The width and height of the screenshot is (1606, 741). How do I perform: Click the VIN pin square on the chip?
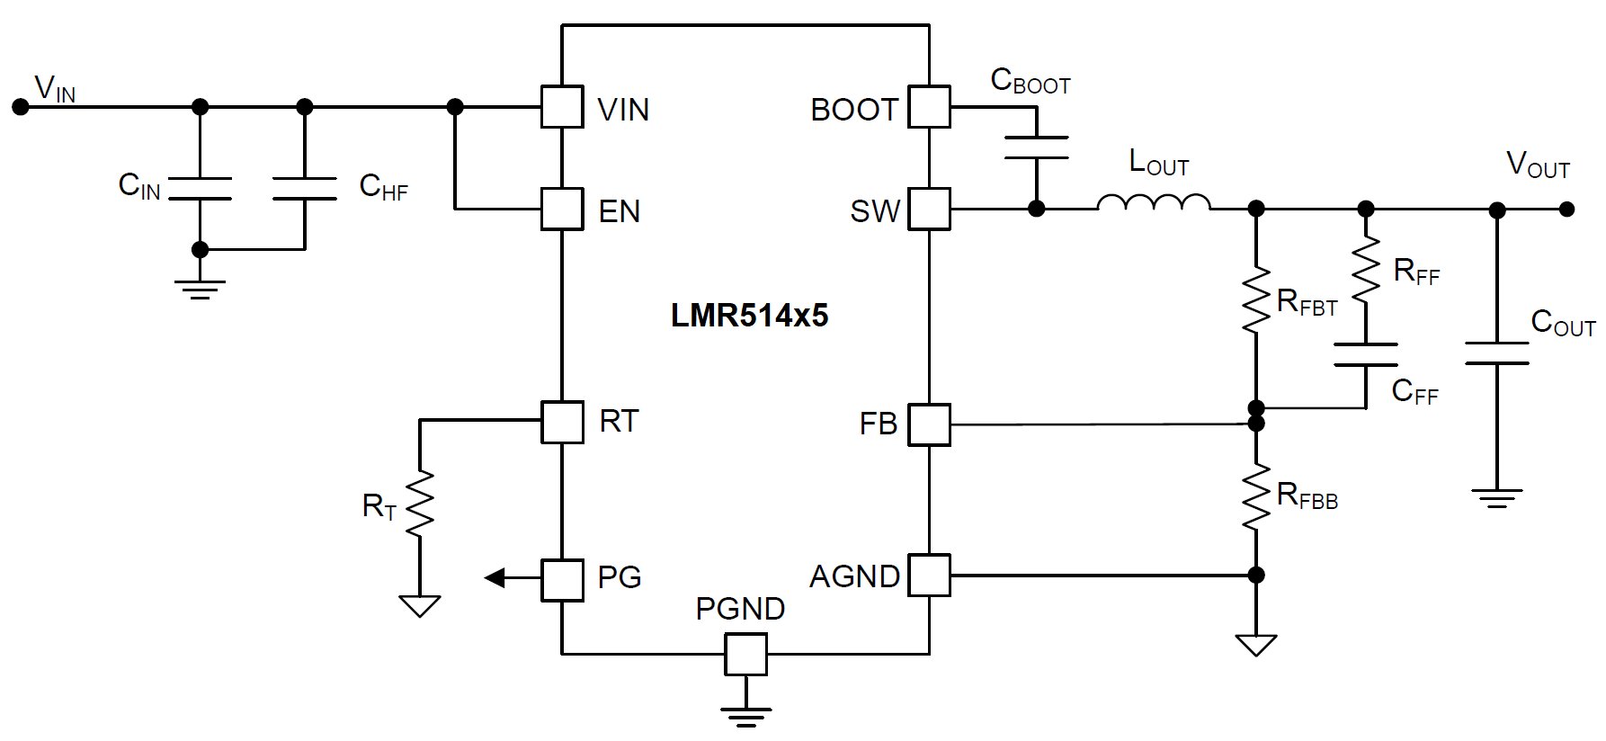pos(562,107)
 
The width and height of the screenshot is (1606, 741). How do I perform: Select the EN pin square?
pos(562,209)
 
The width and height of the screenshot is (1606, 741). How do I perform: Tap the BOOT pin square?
pos(929,107)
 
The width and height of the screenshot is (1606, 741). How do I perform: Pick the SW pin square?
pos(929,209)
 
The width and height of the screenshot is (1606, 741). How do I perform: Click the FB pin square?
pos(929,424)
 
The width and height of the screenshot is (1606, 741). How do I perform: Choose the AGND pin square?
pos(929,576)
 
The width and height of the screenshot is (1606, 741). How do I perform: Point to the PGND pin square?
pos(745,654)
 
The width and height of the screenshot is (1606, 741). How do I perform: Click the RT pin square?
pos(562,421)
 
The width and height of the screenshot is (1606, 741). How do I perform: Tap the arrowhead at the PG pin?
pos(495,577)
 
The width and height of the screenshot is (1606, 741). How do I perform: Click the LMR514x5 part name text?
pos(749,316)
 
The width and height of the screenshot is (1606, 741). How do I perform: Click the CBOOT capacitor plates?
pos(1036,147)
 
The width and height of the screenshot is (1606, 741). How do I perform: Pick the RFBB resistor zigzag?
pos(1256,497)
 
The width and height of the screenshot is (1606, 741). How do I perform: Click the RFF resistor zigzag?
pos(1366,270)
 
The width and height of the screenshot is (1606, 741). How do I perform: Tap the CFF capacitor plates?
pos(1366,354)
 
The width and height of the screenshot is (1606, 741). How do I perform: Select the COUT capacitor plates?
pos(1496,353)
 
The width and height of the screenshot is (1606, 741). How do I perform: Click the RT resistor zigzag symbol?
pos(420,504)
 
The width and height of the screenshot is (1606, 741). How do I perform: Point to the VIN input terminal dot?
pos(20,107)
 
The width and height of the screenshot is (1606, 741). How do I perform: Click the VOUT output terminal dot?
pos(1567,210)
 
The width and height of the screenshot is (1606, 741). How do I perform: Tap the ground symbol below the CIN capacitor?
pos(200,288)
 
